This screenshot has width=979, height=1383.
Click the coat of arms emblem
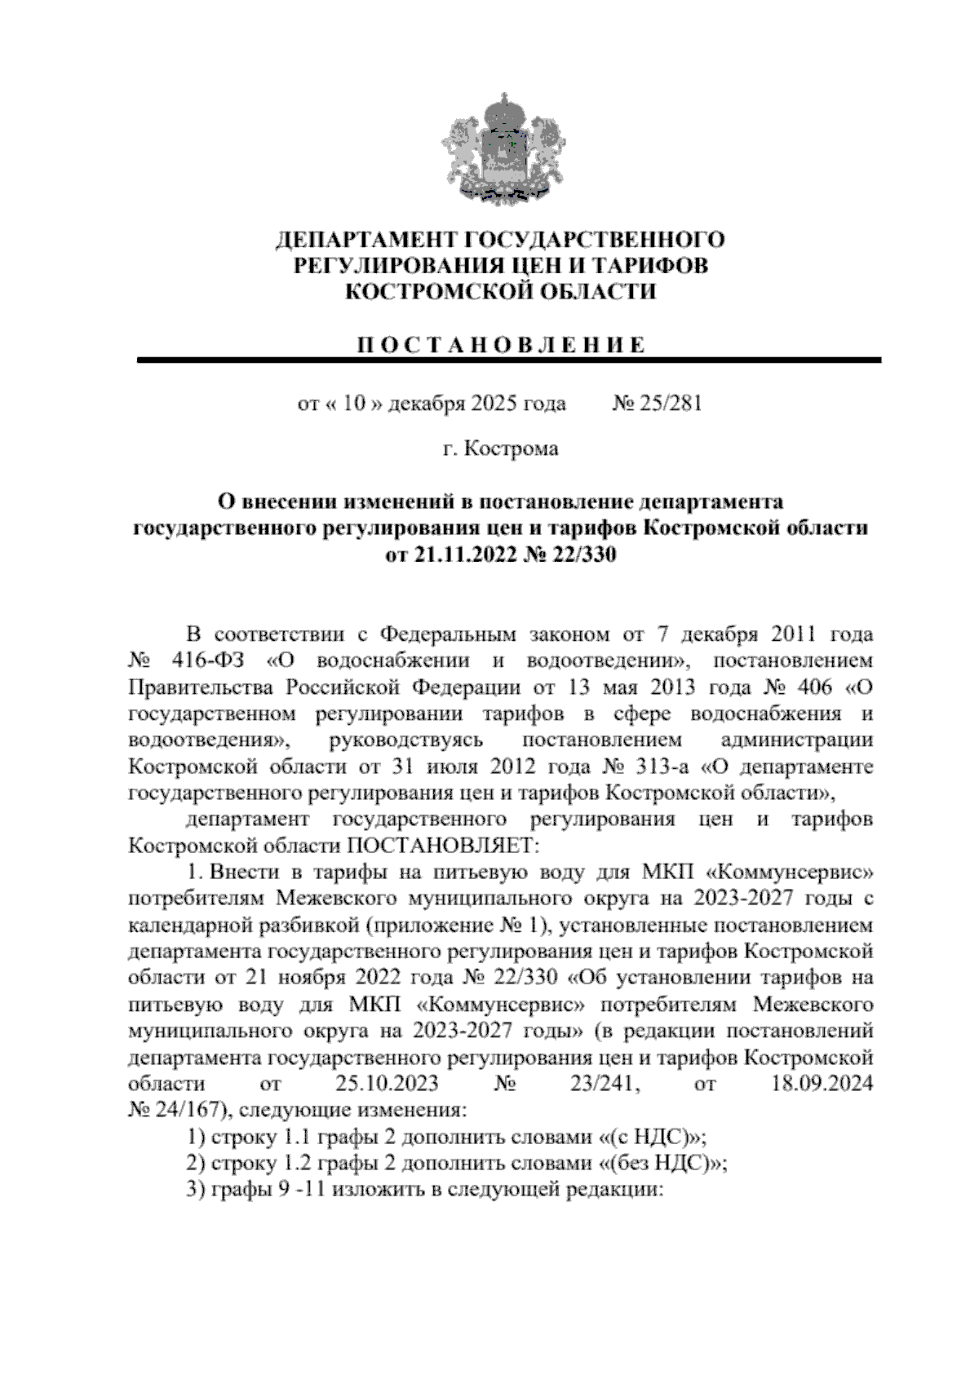tap(498, 148)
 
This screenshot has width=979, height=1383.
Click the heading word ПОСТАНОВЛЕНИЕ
tap(500, 344)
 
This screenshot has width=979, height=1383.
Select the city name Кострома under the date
tap(512, 448)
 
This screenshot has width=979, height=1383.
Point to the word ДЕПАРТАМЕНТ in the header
tap(366, 240)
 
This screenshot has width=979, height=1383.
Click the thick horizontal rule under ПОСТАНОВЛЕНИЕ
tap(509, 360)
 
